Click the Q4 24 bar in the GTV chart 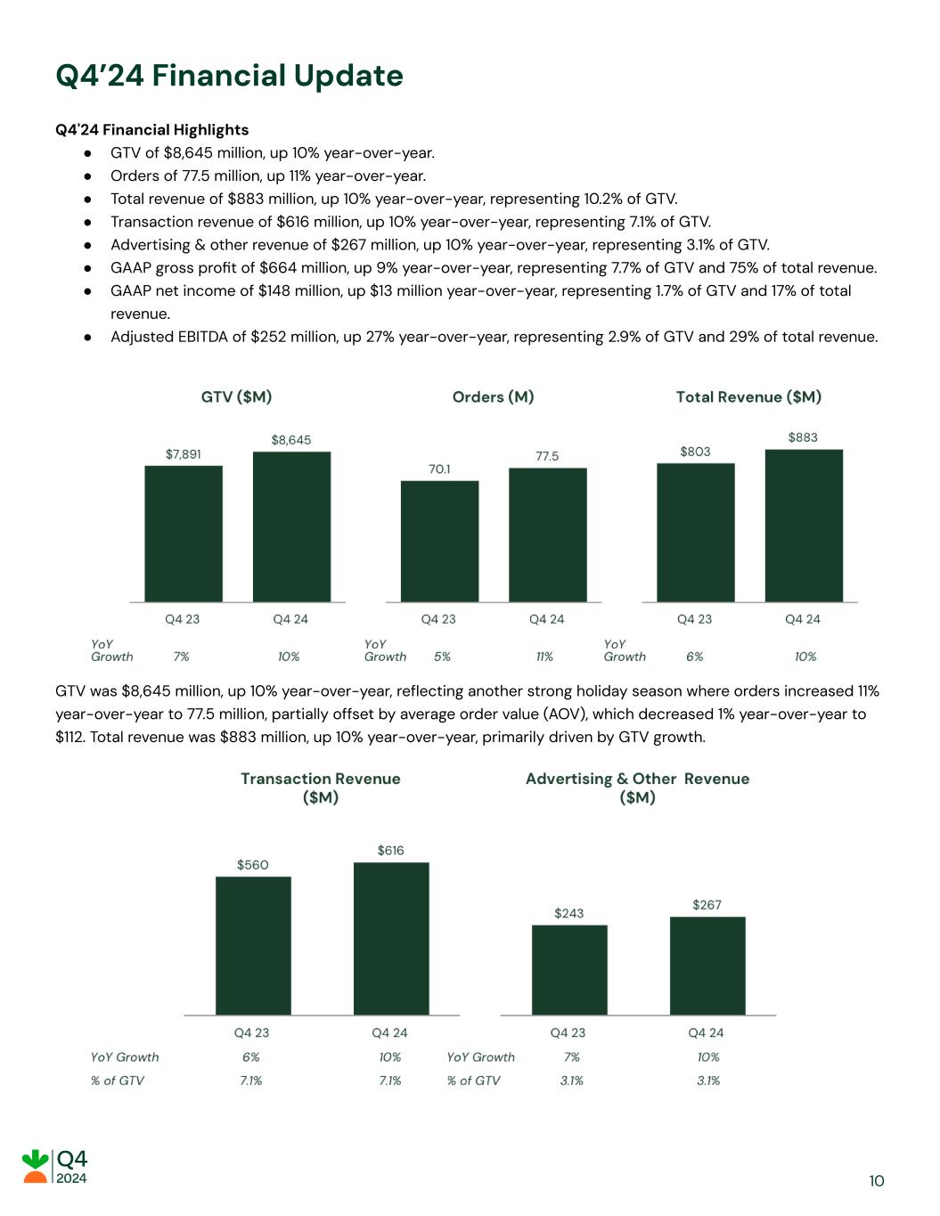(x=291, y=526)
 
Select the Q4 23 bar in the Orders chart (x=439, y=541)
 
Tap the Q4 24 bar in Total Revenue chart (x=804, y=526)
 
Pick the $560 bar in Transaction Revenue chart (x=253, y=945)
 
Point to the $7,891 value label (x=184, y=454)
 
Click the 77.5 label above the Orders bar (x=547, y=456)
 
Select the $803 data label (x=695, y=452)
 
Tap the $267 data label (x=707, y=905)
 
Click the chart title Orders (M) (x=493, y=397)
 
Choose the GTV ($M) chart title (x=236, y=397)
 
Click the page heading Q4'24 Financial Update (x=229, y=76)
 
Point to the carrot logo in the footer (x=36, y=1166)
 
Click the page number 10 (x=877, y=1181)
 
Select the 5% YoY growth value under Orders (x=442, y=657)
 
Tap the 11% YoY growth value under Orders (x=544, y=657)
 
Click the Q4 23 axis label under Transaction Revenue (x=251, y=1032)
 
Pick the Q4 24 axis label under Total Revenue (x=802, y=619)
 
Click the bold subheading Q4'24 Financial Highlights (x=151, y=130)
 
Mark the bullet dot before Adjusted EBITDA (x=88, y=338)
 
